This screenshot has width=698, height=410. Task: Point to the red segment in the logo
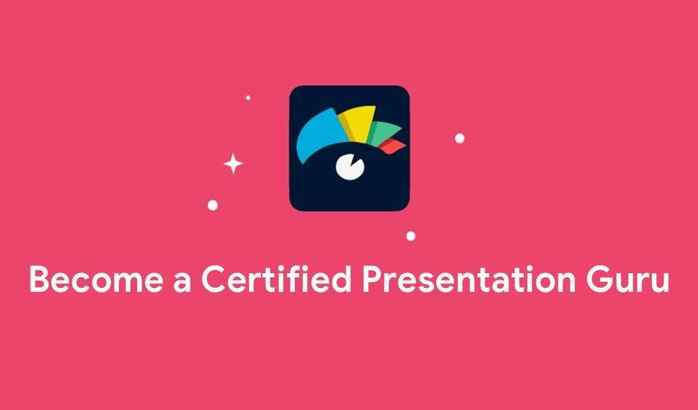pyautogui.click(x=396, y=146)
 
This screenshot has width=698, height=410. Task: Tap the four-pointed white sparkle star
pyautogui.click(x=233, y=164)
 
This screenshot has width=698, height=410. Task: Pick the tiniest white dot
pyautogui.click(x=248, y=98)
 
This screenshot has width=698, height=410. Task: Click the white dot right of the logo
pyautogui.click(x=460, y=138)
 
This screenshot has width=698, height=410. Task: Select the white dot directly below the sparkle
pyautogui.click(x=213, y=205)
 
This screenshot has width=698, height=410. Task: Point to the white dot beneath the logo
pyautogui.click(x=411, y=236)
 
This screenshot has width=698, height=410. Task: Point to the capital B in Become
pyautogui.click(x=39, y=280)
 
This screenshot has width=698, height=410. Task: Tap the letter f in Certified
pyautogui.click(x=285, y=279)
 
